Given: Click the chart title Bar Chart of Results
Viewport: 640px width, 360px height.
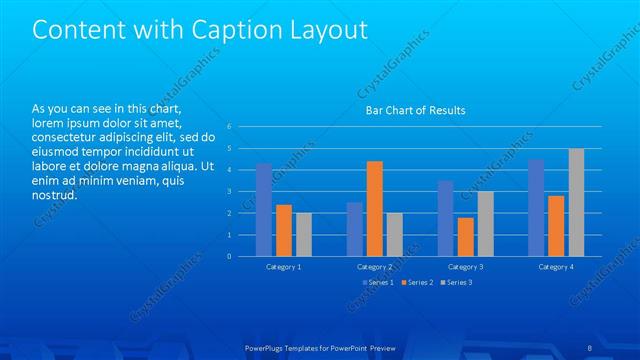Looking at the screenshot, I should [415, 110].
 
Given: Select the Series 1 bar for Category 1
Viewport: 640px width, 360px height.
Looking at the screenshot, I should [264, 210].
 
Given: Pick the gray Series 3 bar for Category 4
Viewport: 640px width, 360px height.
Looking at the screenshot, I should [576, 202].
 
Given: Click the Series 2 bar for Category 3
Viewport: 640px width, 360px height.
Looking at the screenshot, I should [465, 237].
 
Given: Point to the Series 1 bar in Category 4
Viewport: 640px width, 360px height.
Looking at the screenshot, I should [536, 207].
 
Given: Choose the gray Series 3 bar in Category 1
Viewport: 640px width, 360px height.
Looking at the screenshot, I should [303, 235].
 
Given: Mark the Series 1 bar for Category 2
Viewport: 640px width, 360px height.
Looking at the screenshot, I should [355, 229].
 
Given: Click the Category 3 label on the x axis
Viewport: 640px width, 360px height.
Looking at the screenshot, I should [465, 267].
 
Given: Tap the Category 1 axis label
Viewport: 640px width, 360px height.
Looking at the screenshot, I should [284, 267].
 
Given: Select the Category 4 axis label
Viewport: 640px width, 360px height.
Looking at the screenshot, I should [556, 267].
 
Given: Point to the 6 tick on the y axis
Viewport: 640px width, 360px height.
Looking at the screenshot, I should [229, 127].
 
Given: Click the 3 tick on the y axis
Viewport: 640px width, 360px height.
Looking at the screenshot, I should [229, 192].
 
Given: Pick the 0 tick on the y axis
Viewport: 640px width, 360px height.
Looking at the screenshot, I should [229, 257].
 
